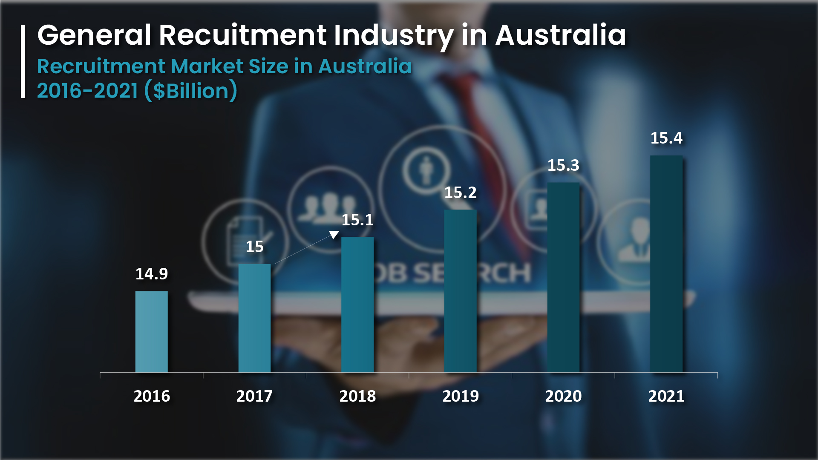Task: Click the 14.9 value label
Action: point(151,274)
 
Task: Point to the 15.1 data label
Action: point(357,220)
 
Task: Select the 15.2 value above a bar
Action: point(460,193)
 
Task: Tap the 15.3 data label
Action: point(563,165)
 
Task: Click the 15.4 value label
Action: point(666,138)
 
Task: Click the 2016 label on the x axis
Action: point(152,396)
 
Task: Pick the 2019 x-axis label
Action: point(461,396)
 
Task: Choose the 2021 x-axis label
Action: point(666,396)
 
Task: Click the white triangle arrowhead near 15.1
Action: point(334,235)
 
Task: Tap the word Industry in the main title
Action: point(393,36)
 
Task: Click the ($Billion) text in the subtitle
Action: point(191,91)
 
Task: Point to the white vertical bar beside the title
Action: point(23,62)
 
